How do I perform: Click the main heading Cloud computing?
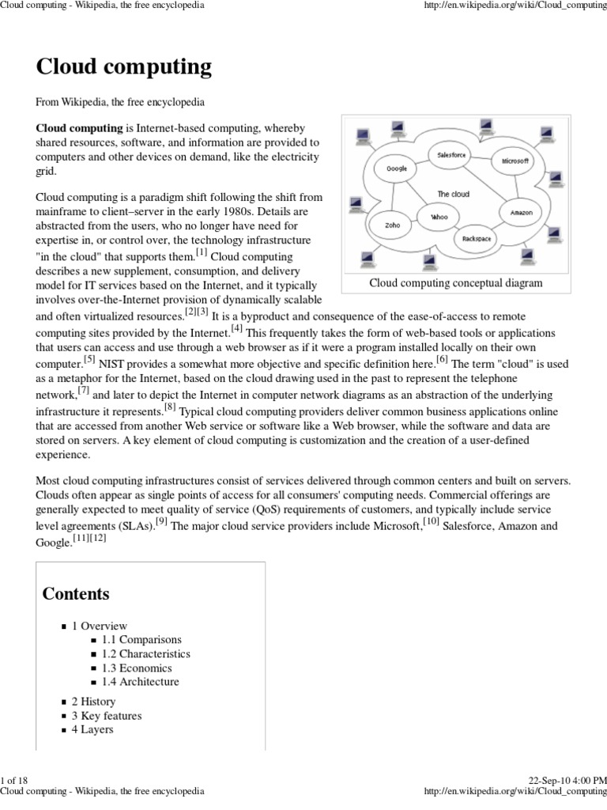(x=124, y=67)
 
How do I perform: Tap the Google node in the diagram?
(x=396, y=168)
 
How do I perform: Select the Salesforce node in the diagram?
(x=452, y=156)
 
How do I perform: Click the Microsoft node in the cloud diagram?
(x=514, y=161)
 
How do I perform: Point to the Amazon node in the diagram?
(x=521, y=213)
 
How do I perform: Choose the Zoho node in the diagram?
(x=392, y=225)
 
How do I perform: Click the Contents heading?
(x=76, y=594)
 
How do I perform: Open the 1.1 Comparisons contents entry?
(x=141, y=639)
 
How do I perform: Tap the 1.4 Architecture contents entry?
(x=140, y=682)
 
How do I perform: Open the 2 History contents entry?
(x=93, y=702)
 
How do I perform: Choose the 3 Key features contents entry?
(x=107, y=716)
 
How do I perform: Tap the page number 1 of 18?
(x=15, y=781)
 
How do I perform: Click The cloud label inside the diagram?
(x=453, y=194)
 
